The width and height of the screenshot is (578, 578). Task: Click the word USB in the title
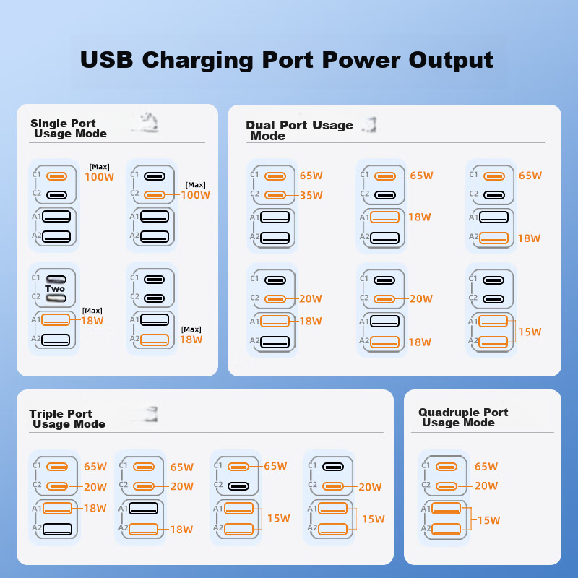pos(106,59)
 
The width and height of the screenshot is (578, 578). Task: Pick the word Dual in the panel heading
pos(260,125)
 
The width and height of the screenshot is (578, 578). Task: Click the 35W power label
pos(311,195)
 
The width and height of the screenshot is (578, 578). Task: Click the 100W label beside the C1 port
pos(100,177)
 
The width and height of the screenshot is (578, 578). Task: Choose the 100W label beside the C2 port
pos(195,195)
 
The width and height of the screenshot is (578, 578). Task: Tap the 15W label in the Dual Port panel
pos(530,332)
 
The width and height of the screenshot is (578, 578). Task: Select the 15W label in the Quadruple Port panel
pos(489,520)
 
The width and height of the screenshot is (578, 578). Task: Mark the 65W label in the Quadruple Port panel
pos(486,467)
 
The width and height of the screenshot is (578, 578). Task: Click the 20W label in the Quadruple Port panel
pos(486,486)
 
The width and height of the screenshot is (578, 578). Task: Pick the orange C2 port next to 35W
pos(275,195)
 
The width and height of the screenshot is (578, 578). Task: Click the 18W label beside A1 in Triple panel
pos(95,509)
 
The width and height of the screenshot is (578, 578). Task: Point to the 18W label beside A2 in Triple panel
pos(181,530)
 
